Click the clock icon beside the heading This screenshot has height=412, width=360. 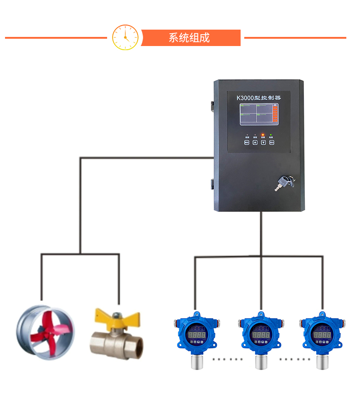(125, 37)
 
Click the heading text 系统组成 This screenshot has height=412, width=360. (189, 38)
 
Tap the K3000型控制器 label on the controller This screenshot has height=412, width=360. (258, 98)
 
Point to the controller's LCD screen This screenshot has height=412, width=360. (258, 114)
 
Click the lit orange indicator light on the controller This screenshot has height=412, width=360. (263, 135)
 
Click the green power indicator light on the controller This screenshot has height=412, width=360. (271, 135)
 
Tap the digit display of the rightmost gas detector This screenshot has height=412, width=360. (323, 335)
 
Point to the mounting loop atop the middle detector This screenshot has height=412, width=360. (261, 314)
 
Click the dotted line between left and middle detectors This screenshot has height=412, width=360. (228, 359)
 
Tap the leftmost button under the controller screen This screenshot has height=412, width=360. (247, 142)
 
